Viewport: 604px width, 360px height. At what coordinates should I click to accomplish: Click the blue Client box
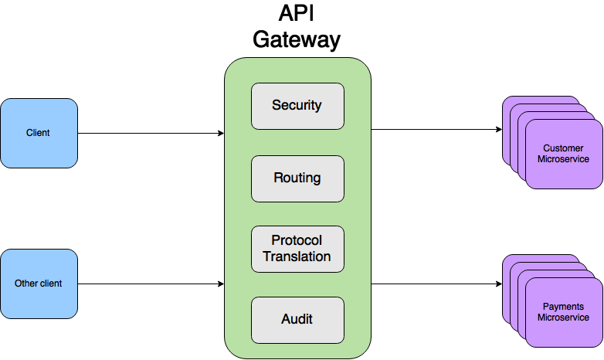click(x=39, y=133)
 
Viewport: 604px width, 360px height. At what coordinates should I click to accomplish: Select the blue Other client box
click(x=39, y=284)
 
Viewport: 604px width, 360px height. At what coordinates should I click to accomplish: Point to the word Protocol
click(x=297, y=240)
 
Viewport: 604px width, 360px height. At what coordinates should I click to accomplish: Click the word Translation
click(x=297, y=256)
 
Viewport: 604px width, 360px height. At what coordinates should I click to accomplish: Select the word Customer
click(x=563, y=148)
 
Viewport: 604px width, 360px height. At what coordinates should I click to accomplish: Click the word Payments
click(x=563, y=307)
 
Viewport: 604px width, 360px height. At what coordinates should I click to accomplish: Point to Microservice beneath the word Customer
click(x=563, y=159)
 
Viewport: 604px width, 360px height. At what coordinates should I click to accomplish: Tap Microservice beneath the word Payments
click(x=563, y=318)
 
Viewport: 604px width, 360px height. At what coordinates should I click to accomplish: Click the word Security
click(x=297, y=105)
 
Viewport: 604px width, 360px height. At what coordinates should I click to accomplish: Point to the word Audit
click(x=297, y=319)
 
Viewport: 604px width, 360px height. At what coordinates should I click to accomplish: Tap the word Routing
click(x=297, y=178)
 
